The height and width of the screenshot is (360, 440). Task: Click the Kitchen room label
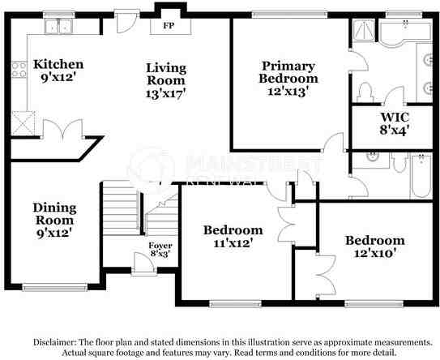(x=58, y=63)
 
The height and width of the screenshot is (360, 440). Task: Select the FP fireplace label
(x=169, y=26)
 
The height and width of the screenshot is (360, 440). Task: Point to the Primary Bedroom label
(x=288, y=72)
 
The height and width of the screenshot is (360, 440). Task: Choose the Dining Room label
(x=53, y=213)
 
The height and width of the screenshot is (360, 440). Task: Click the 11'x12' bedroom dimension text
(x=233, y=242)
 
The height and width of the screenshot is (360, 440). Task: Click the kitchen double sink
(x=58, y=28)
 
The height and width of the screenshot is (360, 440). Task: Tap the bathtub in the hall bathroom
(x=419, y=178)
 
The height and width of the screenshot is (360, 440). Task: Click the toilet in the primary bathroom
(x=365, y=90)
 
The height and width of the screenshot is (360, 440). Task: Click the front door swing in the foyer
(x=139, y=264)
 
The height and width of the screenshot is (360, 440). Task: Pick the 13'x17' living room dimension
(x=166, y=92)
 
